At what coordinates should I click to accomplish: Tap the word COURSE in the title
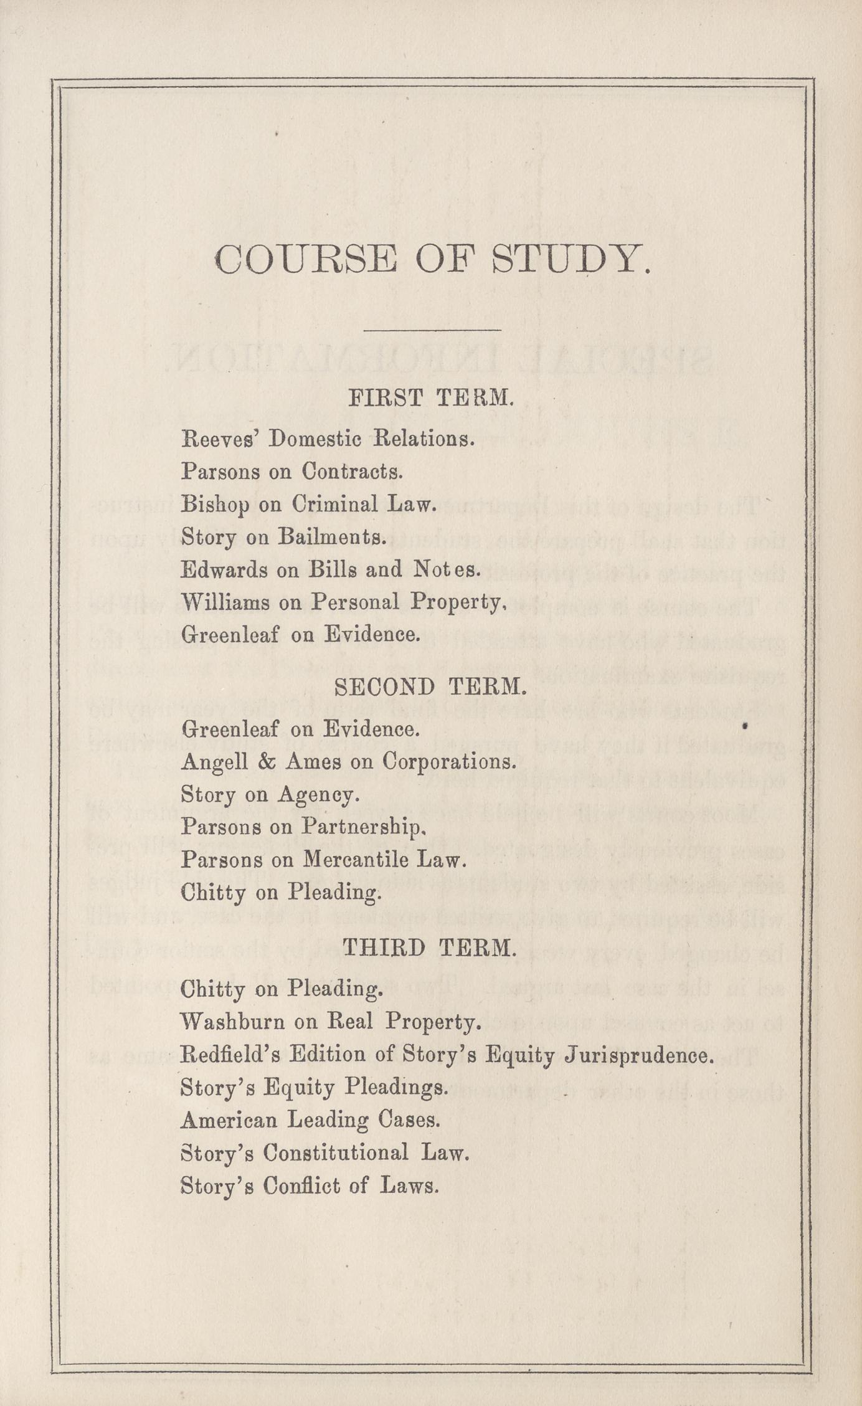(x=306, y=259)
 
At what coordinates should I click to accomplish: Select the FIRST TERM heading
(x=431, y=397)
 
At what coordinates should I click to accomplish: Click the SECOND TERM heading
(x=431, y=686)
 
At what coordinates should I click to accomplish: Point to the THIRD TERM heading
(x=430, y=948)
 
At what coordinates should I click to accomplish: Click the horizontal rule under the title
(x=432, y=330)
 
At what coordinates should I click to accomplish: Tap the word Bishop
(x=215, y=505)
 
